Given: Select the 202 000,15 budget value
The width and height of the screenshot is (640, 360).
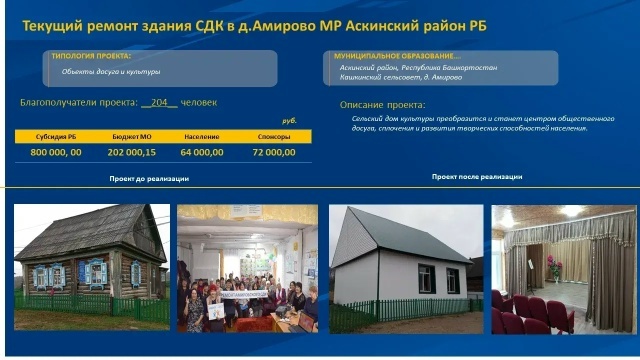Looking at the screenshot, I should pyautogui.click(x=131, y=153).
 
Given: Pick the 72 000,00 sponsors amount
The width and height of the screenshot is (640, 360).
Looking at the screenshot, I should pyautogui.click(x=273, y=153).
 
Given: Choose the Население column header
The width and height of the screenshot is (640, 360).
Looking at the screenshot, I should pyautogui.click(x=202, y=136).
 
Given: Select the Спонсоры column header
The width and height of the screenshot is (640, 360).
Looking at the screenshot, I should pyautogui.click(x=273, y=136).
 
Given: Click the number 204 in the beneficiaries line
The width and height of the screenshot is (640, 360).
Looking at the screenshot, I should pyautogui.click(x=155, y=103).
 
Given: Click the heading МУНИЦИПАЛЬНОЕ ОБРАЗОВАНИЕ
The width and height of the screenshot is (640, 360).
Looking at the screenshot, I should pyautogui.click(x=400, y=56).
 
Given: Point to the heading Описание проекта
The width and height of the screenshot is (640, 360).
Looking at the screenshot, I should pyautogui.click(x=383, y=104).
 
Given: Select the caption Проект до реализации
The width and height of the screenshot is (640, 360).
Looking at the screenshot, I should pyautogui.click(x=149, y=179).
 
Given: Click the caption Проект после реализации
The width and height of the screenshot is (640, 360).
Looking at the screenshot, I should pyautogui.click(x=476, y=176).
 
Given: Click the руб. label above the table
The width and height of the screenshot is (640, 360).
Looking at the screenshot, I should pyautogui.click(x=290, y=120).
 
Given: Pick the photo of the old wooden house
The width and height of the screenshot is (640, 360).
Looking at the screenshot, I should pyautogui.click(x=91, y=268).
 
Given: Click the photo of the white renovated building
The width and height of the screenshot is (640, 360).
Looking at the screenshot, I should pyautogui.click(x=405, y=268).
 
